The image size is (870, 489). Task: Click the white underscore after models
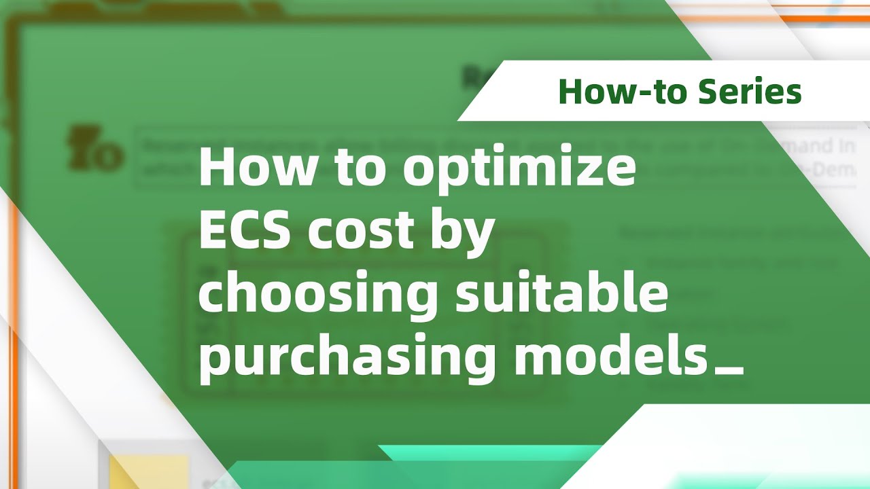[x=730, y=371]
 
